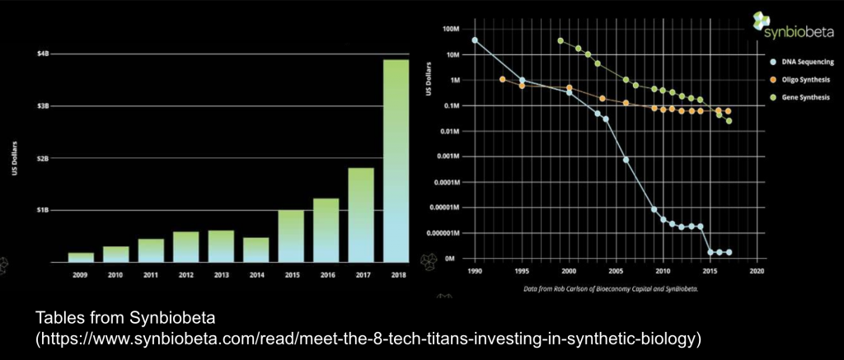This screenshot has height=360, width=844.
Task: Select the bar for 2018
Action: (x=397, y=161)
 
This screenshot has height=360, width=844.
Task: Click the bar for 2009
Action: (x=81, y=257)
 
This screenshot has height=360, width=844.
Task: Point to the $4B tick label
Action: (x=43, y=54)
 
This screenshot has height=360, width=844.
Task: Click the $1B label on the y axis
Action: (x=43, y=210)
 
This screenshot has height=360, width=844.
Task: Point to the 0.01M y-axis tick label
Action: (x=449, y=132)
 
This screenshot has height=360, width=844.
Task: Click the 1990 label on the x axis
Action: (x=475, y=270)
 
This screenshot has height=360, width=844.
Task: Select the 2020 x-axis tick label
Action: (x=758, y=270)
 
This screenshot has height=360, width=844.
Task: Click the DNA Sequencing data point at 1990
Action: (x=475, y=40)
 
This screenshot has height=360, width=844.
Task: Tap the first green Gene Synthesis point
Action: (x=560, y=40)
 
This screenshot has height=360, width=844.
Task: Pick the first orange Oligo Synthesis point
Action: (x=503, y=79)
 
